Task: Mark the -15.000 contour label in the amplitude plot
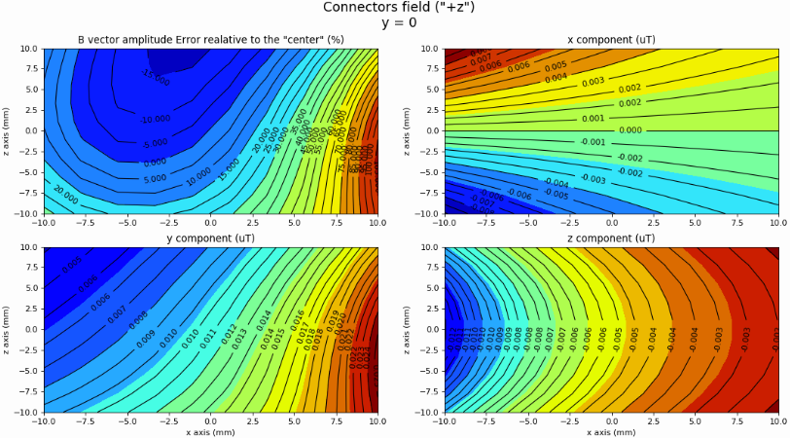pyautogui.click(x=155, y=75)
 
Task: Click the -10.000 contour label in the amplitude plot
pyautogui.click(x=153, y=120)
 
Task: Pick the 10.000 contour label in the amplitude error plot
pyautogui.click(x=199, y=176)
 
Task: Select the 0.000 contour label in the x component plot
pyautogui.click(x=630, y=129)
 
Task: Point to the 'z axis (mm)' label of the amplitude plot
pyautogui.click(x=7, y=129)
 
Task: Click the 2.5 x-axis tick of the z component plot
pyautogui.click(x=654, y=420)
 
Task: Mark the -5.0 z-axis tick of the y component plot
pyautogui.click(x=27, y=370)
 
